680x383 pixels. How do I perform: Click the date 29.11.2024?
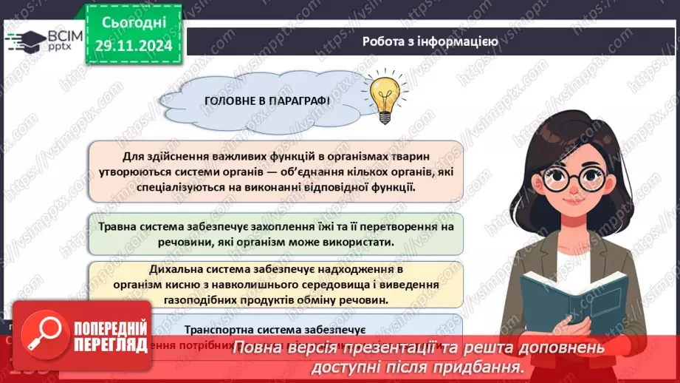pos(132,46)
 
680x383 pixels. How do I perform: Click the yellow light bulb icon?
pos(383,95)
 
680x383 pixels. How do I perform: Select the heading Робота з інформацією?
pos(430,41)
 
